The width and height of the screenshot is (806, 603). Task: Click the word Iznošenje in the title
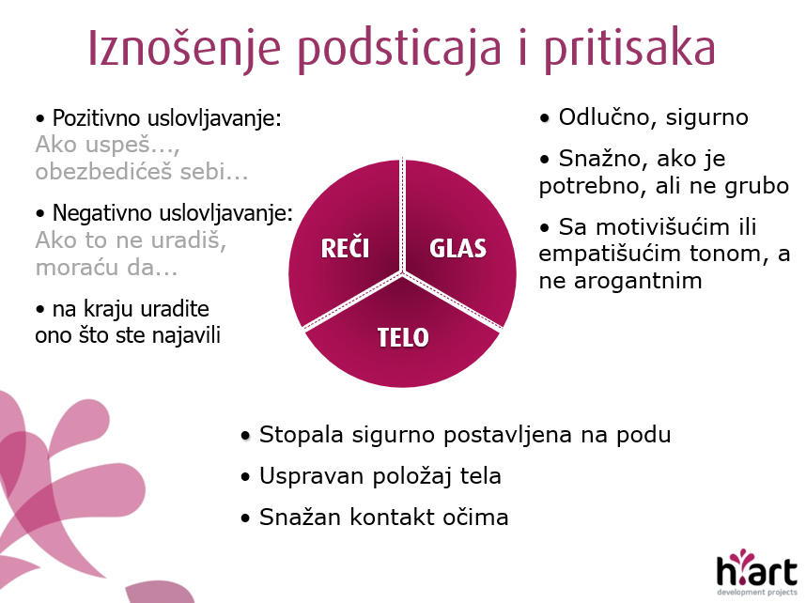point(184,50)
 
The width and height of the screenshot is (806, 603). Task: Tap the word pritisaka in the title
point(629,50)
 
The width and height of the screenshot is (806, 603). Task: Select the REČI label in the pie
point(345,249)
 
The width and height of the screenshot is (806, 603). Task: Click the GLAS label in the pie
point(457,249)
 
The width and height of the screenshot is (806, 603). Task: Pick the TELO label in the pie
point(403,338)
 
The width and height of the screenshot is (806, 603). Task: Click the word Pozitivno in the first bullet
point(96,118)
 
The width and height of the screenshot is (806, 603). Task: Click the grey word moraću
point(72,268)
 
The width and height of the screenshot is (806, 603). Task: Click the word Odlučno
point(606,117)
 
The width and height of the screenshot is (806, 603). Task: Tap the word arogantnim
point(638,281)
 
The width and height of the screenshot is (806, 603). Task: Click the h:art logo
point(757,572)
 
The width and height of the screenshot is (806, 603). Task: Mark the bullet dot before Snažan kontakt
point(245,518)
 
